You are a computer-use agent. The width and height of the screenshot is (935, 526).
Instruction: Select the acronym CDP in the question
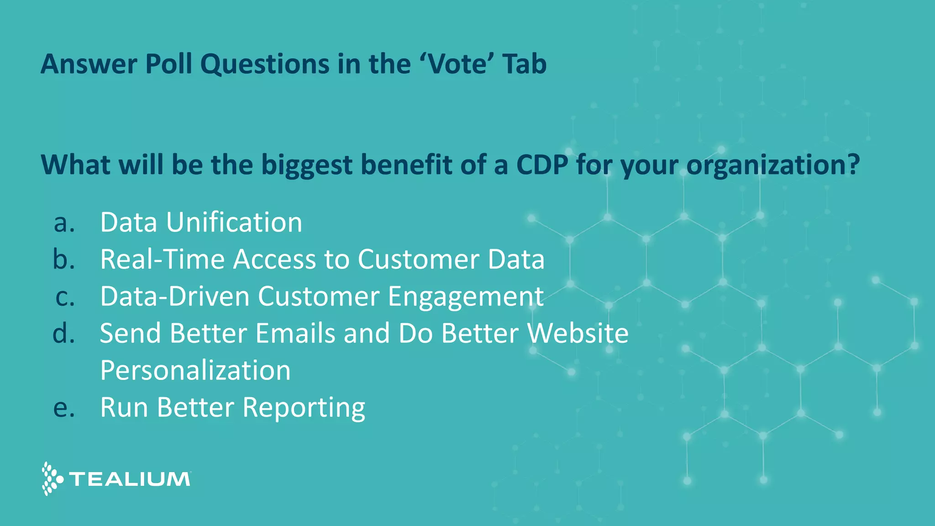click(x=542, y=164)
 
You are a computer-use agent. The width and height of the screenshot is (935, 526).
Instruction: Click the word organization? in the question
click(x=773, y=165)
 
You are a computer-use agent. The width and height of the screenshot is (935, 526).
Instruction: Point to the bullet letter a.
click(x=64, y=223)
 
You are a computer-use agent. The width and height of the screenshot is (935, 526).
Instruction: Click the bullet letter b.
click(x=64, y=259)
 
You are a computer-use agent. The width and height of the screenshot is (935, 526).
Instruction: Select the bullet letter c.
click(x=65, y=297)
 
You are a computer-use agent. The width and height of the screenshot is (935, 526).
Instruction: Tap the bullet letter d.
click(x=64, y=333)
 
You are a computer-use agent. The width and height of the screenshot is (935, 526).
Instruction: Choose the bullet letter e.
click(x=64, y=407)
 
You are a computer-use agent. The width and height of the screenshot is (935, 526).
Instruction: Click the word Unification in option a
click(x=234, y=222)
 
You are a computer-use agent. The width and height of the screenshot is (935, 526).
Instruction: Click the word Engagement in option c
click(x=465, y=297)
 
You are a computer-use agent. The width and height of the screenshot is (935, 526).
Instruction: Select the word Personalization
click(x=195, y=370)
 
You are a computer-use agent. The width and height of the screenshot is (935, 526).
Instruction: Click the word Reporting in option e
click(x=304, y=408)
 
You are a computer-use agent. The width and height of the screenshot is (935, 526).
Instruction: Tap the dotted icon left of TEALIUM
click(x=51, y=479)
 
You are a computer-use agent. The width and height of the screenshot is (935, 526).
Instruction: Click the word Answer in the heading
click(x=89, y=64)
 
